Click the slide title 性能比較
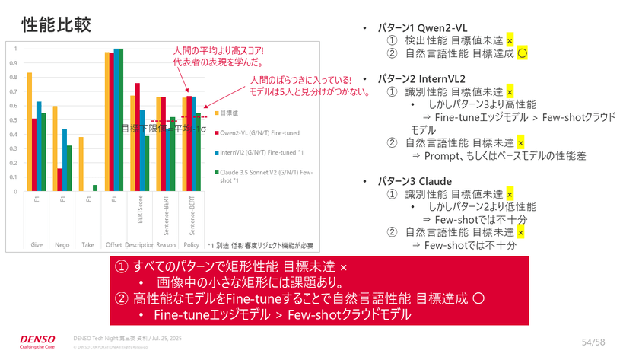point(56,24)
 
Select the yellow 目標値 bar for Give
point(29,132)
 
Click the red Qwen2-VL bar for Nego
point(59,180)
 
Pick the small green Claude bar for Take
point(95,188)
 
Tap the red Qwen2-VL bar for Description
point(138,138)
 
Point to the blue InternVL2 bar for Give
point(39,146)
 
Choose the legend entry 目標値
point(228,113)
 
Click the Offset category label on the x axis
point(114,245)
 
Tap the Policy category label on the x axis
point(192,245)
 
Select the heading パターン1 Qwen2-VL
point(422,28)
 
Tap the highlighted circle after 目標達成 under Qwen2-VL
point(522,53)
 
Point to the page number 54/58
point(593,342)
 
